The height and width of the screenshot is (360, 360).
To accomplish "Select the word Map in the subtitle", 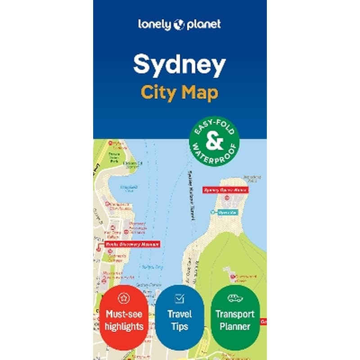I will coord(200,93).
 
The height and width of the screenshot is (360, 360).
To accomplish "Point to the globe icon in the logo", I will coord(179,24).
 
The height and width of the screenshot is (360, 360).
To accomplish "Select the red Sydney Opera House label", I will coord(225,190).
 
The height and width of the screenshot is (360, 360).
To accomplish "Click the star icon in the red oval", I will coord(124,297).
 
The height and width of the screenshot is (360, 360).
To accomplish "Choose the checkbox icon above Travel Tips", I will coord(180,298).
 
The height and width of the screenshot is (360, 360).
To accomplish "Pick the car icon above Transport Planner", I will coord(235,298).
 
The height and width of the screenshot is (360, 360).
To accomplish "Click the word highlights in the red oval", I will coord(124,326).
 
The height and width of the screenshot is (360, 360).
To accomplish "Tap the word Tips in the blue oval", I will coord(180,326).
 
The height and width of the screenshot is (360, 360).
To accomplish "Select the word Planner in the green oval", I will coord(235,326).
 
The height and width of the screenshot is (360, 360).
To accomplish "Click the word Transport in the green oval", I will coord(235,314).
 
